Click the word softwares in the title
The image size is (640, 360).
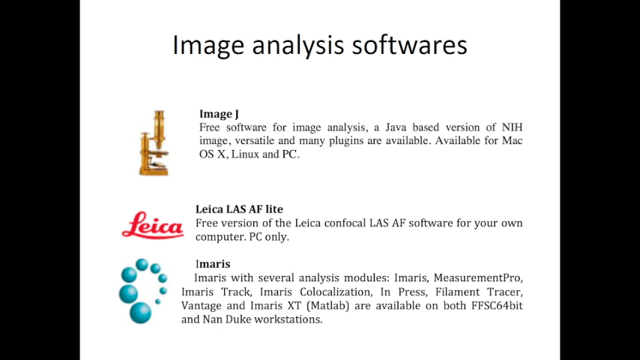click(x=409, y=44)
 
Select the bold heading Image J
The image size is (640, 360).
click(x=219, y=114)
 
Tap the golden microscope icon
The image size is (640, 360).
click(x=154, y=142)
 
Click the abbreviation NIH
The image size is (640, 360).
click(x=512, y=127)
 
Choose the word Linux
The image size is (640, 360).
click(x=245, y=154)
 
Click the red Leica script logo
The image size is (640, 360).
click(x=153, y=225)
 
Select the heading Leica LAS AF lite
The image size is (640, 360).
click(x=239, y=209)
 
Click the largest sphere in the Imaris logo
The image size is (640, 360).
click(x=140, y=313)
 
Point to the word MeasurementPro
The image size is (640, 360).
click(x=478, y=277)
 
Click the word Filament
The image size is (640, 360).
click(x=457, y=292)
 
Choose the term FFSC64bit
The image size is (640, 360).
click(x=497, y=306)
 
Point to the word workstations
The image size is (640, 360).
click(x=289, y=319)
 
